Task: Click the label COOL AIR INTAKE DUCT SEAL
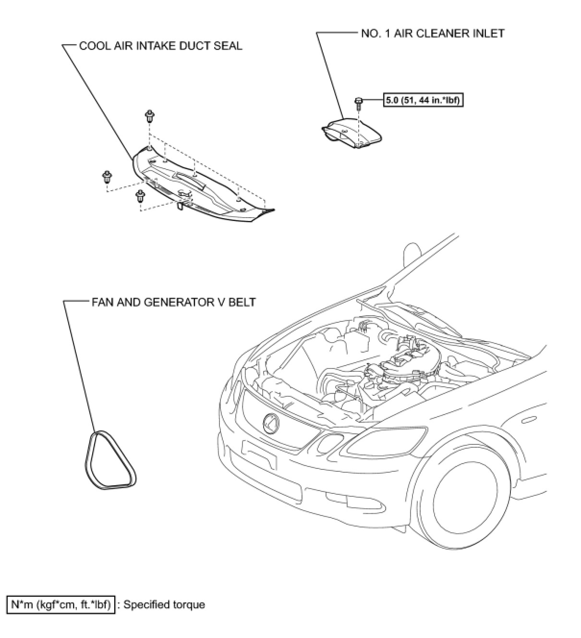tap(160, 46)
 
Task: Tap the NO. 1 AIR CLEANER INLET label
tap(432, 33)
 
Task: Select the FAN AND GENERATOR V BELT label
tap(173, 302)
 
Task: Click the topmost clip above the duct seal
tap(150, 115)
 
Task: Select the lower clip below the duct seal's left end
tap(140, 196)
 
